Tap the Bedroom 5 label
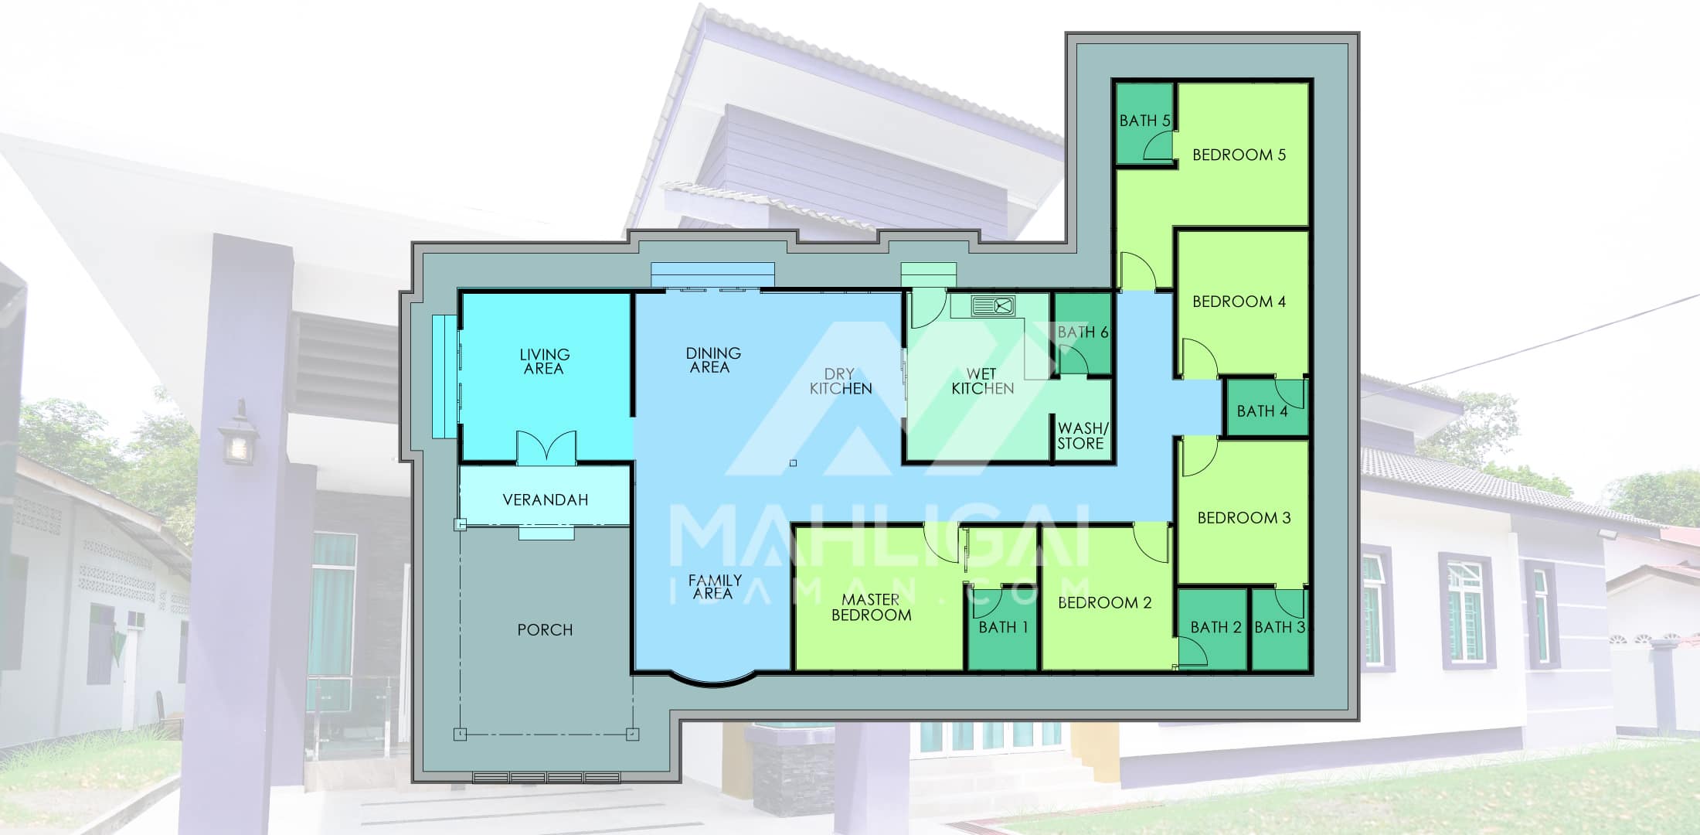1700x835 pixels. (x=1239, y=155)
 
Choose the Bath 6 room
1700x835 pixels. (x=1083, y=334)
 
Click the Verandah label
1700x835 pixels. (x=546, y=500)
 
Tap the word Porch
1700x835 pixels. (x=545, y=630)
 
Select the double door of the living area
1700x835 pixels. (x=546, y=448)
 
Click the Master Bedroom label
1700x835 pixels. (x=871, y=608)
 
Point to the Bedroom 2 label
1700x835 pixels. (x=1104, y=603)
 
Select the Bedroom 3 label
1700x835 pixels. (x=1244, y=518)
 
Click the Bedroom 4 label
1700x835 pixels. (x=1239, y=302)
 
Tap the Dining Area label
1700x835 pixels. (x=713, y=360)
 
